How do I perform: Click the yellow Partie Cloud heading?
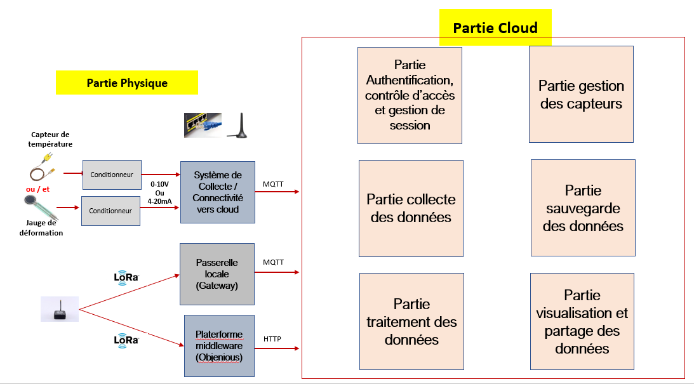pyautogui.click(x=495, y=27)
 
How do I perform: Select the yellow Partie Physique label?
pyautogui.click(x=127, y=83)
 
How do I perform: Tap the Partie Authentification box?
pyautogui.click(x=410, y=95)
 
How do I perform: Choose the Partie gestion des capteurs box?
pyautogui.click(x=581, y=94)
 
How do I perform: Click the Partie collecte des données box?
pyautogui.click(x=411, y=208)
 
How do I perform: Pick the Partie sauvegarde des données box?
pyautogui.click(x=583, y=208)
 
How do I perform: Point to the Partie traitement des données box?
pyautogui.click(x=411, y=321)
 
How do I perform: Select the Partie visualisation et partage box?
pyautogui.click(x=582, y=321)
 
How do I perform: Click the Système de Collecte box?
pyautogui.click(x=218, y=192)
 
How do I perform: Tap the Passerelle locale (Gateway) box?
pyautogui.click(x=217, y=274)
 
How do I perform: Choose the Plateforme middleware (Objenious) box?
pyautogui.click(x=219, y=345)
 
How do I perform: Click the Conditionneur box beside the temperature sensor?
pyautogui.click(x=112, y=175)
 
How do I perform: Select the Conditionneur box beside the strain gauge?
pyautogui.click(x=110, y=211)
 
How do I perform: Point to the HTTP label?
pyautogui.click(x=272, y=339)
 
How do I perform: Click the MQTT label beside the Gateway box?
pyautogui.click(x=273, y=262)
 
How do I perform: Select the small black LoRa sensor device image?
pyautogui.click(x=60, y=309)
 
